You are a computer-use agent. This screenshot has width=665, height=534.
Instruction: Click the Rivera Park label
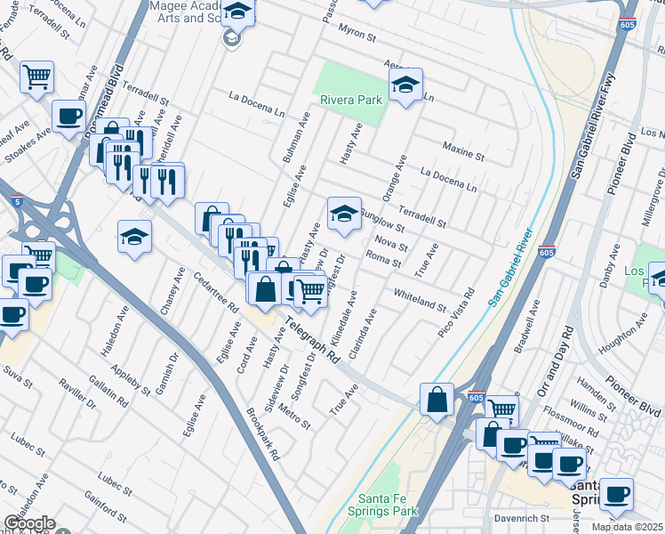tap(353, 100)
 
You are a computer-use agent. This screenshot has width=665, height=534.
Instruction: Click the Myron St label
tap(357, 36)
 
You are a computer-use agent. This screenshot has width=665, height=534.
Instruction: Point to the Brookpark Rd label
tap(263, 433)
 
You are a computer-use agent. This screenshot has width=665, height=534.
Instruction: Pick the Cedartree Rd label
tap(221, 295)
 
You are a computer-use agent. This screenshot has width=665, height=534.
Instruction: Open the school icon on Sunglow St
tap(344, 212)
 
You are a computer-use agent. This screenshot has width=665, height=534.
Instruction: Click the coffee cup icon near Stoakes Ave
tap(68, 116)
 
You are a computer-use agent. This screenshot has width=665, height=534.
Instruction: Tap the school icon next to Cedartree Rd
tap(134, 236)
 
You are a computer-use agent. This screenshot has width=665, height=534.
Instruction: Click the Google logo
tap(29, 523)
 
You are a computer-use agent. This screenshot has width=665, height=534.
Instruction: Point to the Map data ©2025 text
tap(626, 527)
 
